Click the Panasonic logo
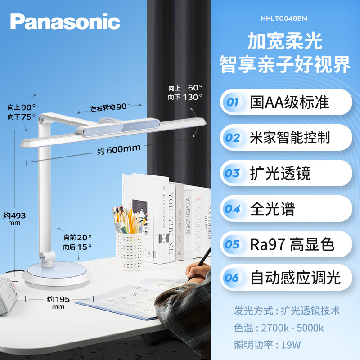coord(65,21)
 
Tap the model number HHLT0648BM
coord(284,19)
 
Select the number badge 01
coord(232,102)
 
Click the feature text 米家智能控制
coord(290,137)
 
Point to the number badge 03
coord(232,173)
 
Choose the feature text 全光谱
coord(272,208)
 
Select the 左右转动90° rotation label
coord(110,107)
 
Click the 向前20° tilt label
coord(77,237)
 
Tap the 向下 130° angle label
coord(185,96)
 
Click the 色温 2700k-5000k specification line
coord(279,328)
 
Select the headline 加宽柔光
coord(285,42)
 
